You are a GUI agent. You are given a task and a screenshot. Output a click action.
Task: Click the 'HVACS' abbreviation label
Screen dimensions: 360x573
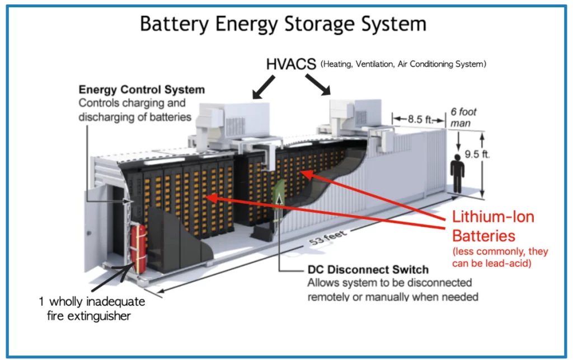point(291,63)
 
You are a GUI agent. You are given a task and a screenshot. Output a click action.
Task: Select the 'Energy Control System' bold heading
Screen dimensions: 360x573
point(142,90)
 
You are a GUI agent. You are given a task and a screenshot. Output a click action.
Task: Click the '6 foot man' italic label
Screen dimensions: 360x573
point(463,118)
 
